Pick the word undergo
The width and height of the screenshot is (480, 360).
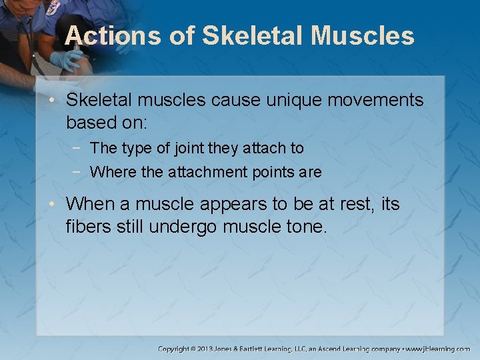click(x=183, y=227)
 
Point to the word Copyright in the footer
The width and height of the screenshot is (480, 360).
click(x=175, y=349)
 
